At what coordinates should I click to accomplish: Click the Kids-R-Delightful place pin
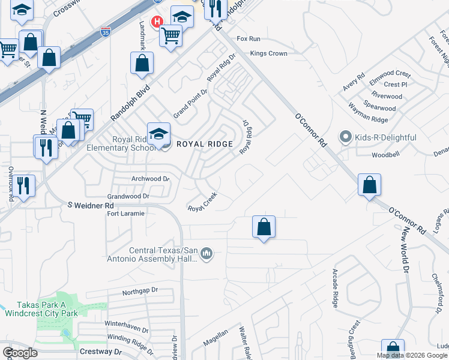[345, 137]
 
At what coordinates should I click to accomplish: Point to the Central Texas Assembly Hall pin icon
[206, 254]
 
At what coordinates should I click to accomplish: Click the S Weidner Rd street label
[90, 205]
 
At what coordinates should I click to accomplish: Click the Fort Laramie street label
[125, 214]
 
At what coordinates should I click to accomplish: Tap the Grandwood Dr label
[128, 196]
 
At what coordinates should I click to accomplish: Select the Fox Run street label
[249, 38]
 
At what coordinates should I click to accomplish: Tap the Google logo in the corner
[20, 352]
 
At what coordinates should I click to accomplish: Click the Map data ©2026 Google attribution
[412, 355]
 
